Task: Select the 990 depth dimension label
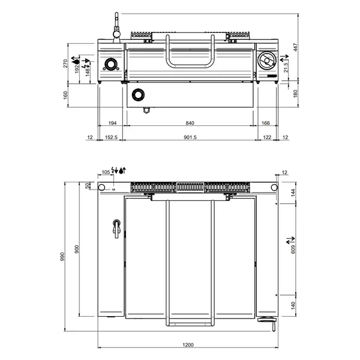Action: [62, 257]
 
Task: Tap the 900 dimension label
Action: [77, 250]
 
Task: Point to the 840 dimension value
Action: [190, 122]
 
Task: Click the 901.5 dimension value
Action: [190, 137]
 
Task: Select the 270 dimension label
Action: [66, 64]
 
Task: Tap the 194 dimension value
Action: [112, 122]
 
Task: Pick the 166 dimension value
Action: [266, 122]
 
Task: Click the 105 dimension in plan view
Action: [106, 172]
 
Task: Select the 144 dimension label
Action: [293, 192]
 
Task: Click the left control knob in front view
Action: [111, 64]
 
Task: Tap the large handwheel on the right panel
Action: [266, 61]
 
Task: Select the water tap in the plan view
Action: [116, 226]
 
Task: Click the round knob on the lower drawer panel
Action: [139, 94]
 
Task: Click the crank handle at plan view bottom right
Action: [268, 320]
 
